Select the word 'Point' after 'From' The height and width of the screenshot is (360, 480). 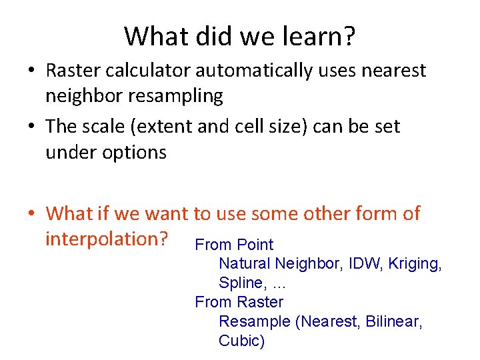coord(255,245)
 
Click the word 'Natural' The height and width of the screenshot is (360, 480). coord(245,264)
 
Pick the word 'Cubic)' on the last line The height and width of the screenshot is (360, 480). coord(241,341)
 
